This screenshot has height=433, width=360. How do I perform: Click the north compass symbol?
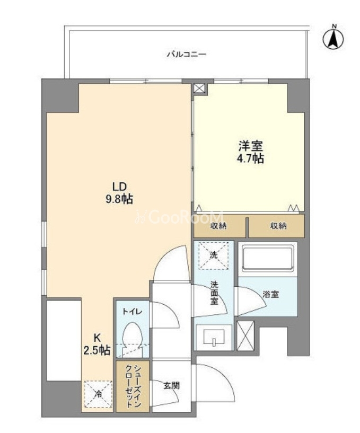pos(333,38)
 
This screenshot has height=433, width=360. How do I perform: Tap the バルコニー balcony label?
pos(187,54)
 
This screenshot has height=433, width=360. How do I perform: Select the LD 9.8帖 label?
pos(119,193)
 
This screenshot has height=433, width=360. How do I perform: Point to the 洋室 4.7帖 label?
pos(251,152)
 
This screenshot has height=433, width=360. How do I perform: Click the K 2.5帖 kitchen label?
pos(97,344)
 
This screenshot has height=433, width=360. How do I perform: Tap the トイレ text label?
pos(133,312)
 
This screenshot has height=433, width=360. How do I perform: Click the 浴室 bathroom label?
pos(270,294)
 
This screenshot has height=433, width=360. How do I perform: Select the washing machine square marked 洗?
pos(214,255)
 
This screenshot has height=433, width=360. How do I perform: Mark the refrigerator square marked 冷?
pos(99,394)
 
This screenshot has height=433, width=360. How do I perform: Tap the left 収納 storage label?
pos(218,226)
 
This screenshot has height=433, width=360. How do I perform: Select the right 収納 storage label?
pos(278,226)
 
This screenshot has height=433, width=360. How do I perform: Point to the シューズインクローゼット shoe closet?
pos(133,386)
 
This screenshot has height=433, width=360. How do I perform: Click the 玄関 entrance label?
pos(172,385)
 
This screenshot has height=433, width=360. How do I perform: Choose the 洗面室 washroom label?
pos(214,293)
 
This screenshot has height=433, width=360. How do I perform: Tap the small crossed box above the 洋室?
pos(199,89)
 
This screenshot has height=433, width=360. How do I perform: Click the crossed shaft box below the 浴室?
pos(245,336)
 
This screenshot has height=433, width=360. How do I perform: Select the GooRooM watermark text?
pos(180,217)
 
